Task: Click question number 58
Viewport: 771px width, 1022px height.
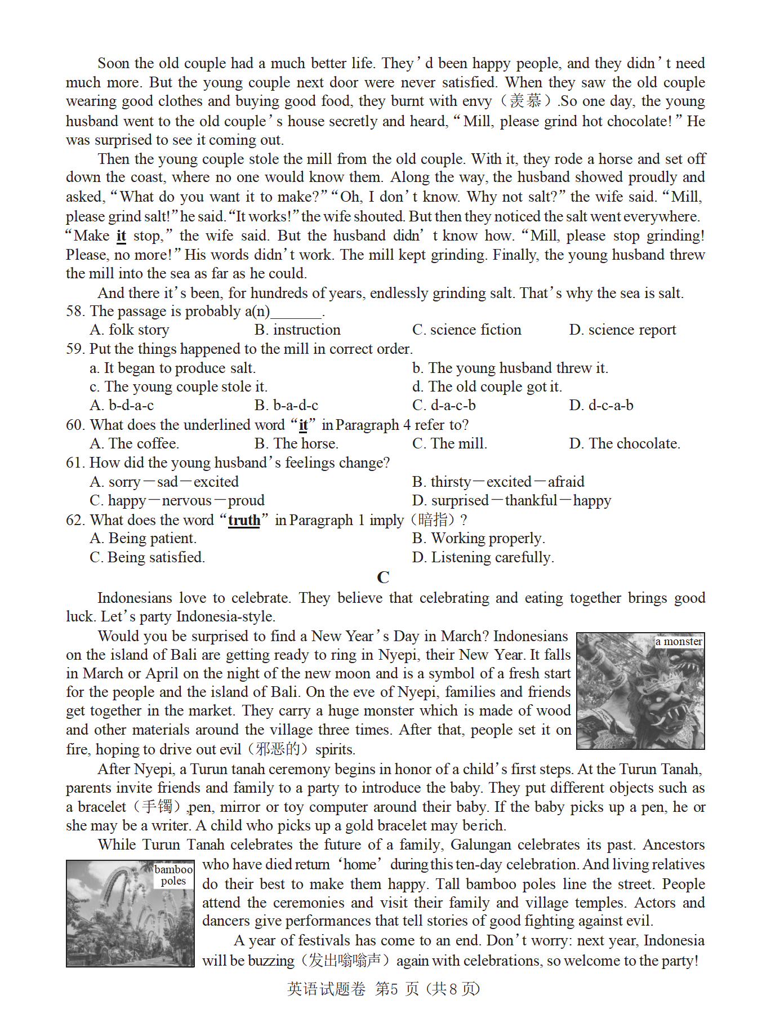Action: pos(75,312)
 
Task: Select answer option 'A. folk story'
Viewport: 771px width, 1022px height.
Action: pos(129,330)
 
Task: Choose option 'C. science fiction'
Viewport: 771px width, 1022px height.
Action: pos(466,330)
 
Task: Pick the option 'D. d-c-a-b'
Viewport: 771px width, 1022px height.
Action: pos(601,406)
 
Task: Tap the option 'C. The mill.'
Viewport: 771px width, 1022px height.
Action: pos(449,444)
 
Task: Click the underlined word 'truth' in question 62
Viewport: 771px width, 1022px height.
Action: pos(244,520)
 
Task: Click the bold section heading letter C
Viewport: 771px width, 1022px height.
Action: pos(383,577)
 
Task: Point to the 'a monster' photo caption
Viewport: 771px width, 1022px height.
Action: pos(679,642)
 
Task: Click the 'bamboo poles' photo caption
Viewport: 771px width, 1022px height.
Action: pos(173,876)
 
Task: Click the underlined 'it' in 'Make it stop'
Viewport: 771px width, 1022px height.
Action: pos(121,236)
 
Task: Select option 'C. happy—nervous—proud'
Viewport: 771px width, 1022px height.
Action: pos(177,501)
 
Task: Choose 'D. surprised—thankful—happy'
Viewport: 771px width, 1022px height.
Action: pos(511,501)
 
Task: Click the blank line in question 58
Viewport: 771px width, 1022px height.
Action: pos(296,313)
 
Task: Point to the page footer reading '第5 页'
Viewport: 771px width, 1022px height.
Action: pos(396,989)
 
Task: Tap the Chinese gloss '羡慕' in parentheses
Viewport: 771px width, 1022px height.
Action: pos(525,101)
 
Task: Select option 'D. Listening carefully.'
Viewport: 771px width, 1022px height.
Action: pos(483,558)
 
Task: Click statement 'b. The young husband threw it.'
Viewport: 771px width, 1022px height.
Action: pos(510,368)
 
